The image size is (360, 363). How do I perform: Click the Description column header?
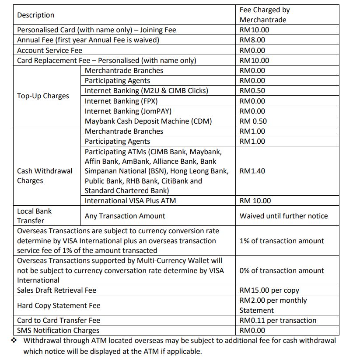tap(36, 15)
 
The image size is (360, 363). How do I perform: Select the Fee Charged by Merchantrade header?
tap(264, 15)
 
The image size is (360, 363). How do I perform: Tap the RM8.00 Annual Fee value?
tap(252, 40)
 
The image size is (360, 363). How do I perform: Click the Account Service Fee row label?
tap(49, 50)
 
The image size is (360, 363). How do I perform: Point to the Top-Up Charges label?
tap(43, 96)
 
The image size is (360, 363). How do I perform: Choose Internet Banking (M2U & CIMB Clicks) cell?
tap(146, 91)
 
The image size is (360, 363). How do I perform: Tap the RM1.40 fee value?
tap(252, 171)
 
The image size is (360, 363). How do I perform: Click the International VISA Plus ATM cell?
tap(130, 201)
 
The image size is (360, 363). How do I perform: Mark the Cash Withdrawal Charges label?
tap(45, 176)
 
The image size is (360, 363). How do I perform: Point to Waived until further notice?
tap(283, 216)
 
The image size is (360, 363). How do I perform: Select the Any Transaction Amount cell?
tap(125, 216)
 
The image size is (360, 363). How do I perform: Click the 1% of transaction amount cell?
tap(282, 241)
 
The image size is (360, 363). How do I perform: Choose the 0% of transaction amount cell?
tap(282, 271)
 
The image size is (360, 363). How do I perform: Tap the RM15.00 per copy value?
tap(269, 290)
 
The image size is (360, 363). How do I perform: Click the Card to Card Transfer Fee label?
tap(59, 321)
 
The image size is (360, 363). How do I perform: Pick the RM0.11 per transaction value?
tap(278, 321)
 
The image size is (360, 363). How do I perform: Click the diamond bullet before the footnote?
tap(14, 340)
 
